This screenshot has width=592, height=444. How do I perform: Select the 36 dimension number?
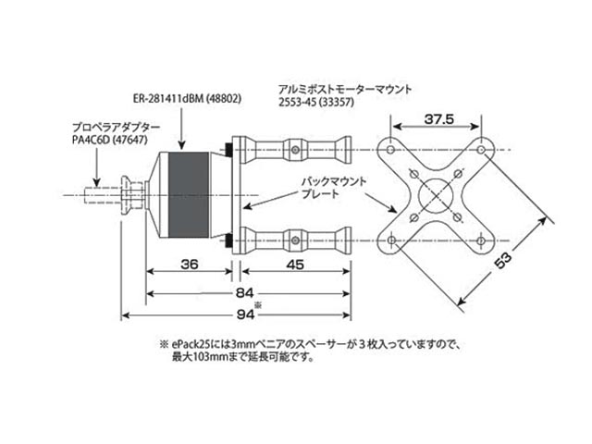pos(189,264)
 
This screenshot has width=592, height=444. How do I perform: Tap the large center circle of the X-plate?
pos(431,196)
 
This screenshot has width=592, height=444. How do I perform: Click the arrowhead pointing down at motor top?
pos(183,144)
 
